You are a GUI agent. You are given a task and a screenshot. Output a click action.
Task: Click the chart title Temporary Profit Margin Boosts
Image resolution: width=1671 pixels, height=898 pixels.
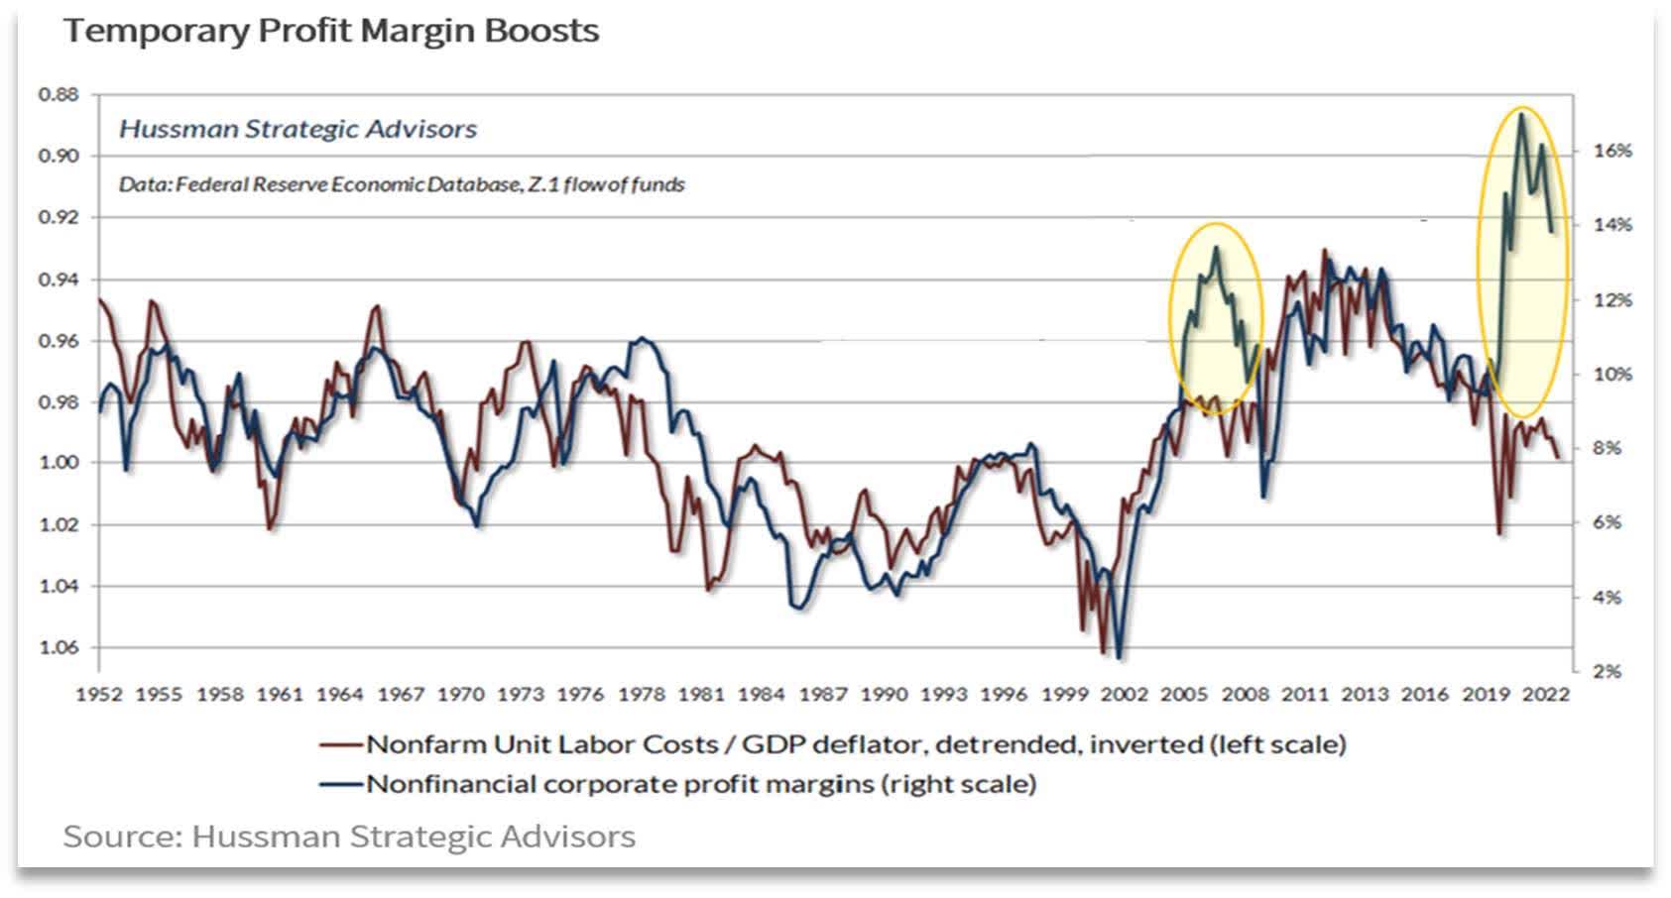point(331,31)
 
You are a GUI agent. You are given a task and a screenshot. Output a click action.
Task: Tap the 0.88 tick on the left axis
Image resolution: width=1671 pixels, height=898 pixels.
point(59,95)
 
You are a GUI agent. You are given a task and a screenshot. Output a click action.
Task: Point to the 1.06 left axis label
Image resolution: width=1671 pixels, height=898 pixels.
point(59,647)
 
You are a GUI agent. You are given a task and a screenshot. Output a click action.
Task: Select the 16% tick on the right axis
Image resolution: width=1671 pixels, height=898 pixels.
point(1612,151)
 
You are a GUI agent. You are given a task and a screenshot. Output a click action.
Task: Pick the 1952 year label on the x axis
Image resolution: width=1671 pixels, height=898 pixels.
point(99,694)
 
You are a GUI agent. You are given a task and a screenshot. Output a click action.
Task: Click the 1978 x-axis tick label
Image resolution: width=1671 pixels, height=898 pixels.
point(642,694)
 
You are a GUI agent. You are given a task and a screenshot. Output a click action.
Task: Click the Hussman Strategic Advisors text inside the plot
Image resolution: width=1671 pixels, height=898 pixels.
point(298,129)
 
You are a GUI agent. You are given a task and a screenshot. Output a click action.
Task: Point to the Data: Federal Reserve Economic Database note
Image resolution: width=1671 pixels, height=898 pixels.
point(402,184)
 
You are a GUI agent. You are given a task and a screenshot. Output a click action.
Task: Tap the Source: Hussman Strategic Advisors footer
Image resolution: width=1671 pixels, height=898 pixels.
point(349,836)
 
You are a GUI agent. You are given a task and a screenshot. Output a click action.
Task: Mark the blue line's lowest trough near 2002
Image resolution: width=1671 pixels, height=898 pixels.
point(1119,656)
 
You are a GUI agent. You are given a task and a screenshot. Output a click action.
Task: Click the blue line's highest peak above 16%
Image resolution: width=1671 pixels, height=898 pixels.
point(1520,114)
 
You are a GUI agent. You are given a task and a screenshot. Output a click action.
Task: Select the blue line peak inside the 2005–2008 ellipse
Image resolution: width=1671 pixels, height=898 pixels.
point(1217,248)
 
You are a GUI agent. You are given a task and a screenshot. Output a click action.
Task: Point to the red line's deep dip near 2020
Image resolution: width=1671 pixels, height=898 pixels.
point(1498,533)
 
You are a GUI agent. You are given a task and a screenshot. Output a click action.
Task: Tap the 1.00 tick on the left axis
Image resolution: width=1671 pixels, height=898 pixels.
point(59,463)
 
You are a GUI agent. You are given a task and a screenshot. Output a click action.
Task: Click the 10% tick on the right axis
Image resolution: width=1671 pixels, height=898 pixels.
point(1612,374)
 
